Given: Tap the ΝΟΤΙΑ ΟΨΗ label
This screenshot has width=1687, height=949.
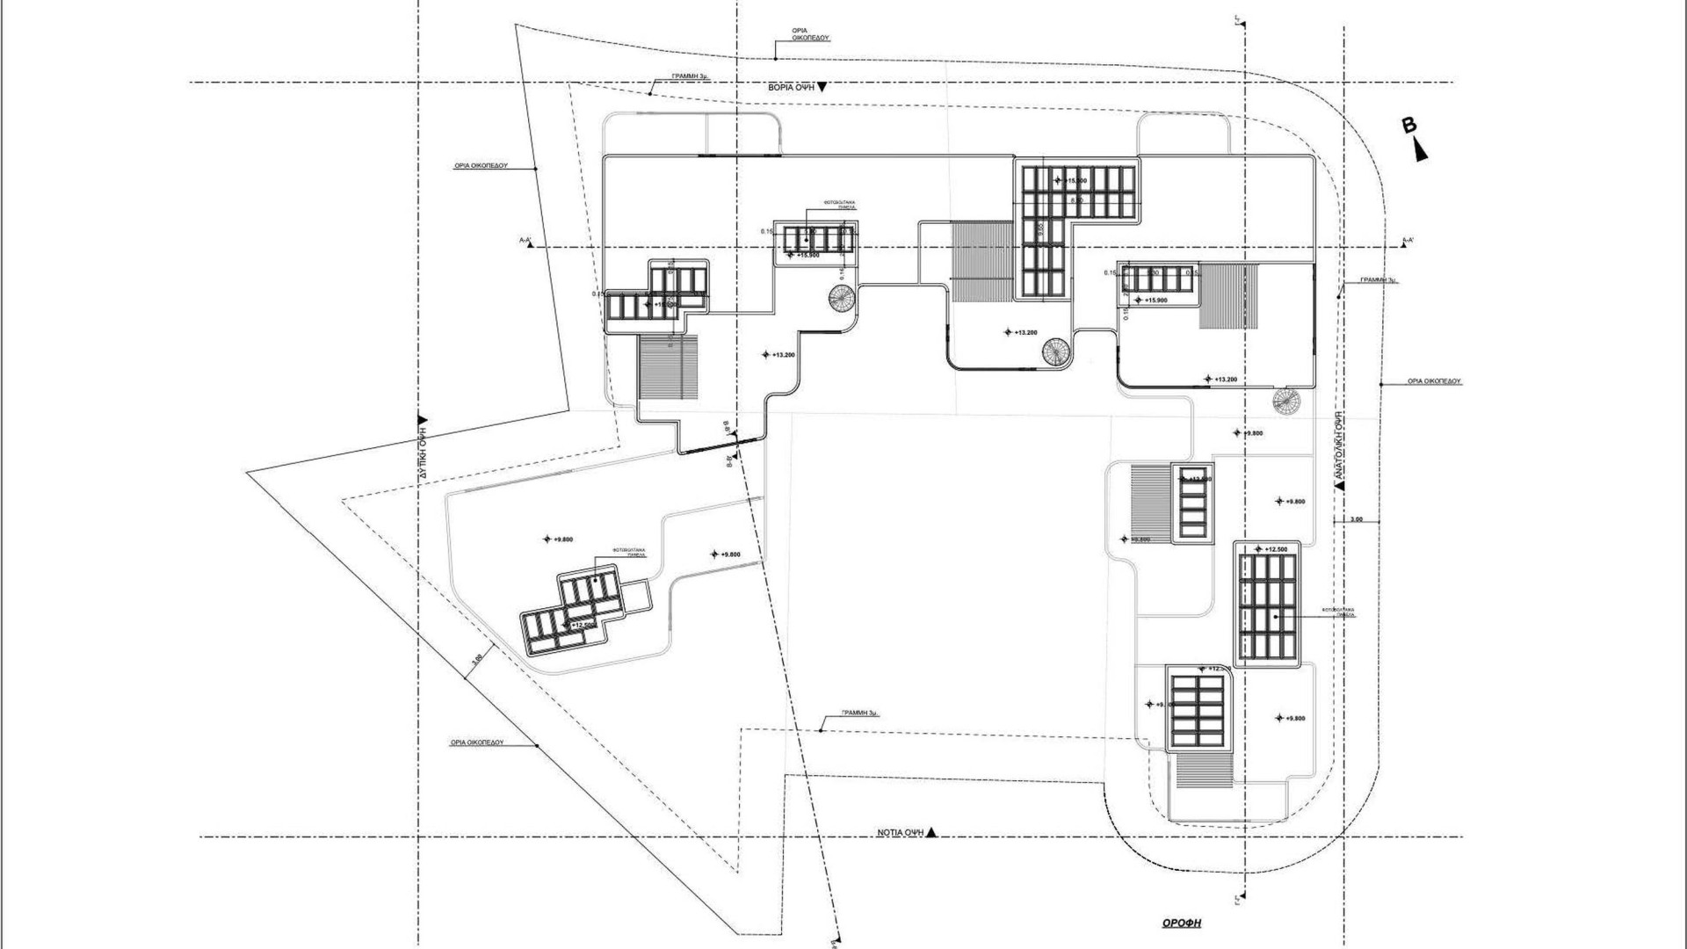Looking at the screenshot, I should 901,831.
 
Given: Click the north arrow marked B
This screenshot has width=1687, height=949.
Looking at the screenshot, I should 1415,139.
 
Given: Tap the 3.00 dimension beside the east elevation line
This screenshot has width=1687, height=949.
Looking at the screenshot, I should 1356,519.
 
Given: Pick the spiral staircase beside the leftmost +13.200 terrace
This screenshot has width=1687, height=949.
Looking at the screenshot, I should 841,298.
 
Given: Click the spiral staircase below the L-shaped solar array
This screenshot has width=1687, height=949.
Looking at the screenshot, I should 1057,352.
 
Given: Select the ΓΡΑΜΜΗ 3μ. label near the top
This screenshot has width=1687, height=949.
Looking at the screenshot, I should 690,76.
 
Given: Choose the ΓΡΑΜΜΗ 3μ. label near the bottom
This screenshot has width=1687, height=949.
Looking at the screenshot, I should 859,714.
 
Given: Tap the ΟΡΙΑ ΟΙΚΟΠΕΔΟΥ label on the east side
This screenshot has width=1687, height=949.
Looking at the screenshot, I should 1433,382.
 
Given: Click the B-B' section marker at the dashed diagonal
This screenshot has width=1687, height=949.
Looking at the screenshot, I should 729,445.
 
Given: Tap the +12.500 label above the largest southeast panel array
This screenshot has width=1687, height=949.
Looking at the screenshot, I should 1271,549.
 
